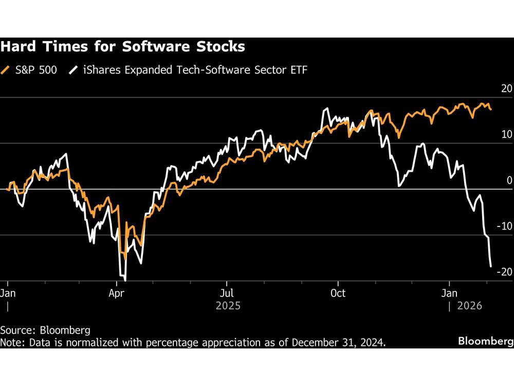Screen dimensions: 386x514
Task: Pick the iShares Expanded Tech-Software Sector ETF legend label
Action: point(193,70)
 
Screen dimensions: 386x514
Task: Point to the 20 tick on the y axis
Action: point(506,89)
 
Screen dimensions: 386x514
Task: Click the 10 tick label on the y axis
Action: point(506,134)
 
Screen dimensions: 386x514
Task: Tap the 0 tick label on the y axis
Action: point(509,180)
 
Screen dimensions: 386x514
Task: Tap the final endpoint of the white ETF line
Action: point(491,267)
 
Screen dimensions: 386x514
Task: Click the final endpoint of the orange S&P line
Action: point(491,109)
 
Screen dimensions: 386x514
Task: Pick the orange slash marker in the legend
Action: point(6,70)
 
